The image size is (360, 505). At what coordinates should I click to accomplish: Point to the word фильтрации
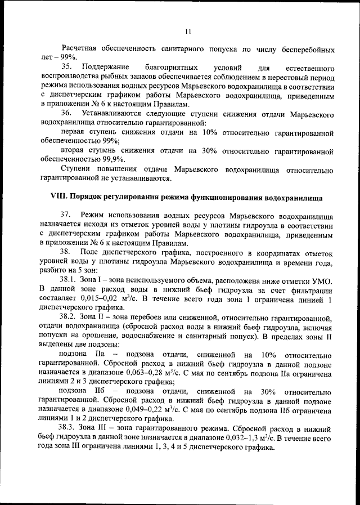pyautogui.click(x=309, y=289)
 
